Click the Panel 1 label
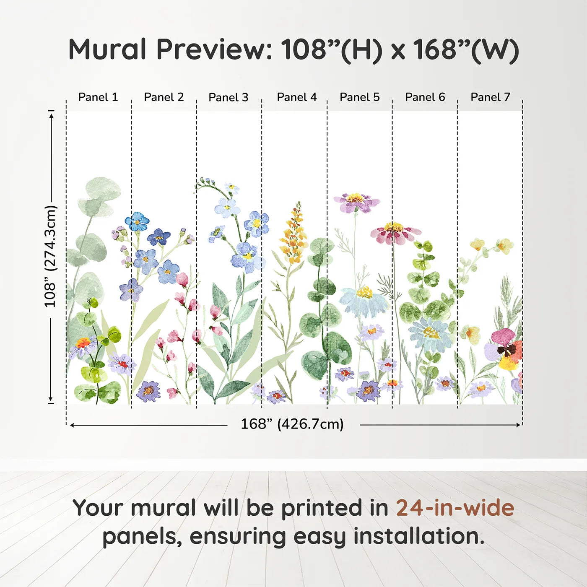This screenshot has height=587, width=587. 98,97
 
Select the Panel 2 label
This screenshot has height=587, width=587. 164,97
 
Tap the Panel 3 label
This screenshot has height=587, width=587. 229,97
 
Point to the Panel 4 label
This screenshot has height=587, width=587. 296,97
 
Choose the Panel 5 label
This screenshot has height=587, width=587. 359,97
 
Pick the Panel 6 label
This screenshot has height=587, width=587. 425,97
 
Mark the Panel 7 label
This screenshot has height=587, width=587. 490,97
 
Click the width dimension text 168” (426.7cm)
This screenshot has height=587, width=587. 292,424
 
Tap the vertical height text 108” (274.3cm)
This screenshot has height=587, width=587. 50,256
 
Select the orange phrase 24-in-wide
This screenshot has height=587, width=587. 455,508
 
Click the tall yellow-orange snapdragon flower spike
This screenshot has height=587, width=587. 293,235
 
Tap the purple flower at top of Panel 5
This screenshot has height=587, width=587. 356,202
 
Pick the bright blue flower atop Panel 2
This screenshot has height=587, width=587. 137,221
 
